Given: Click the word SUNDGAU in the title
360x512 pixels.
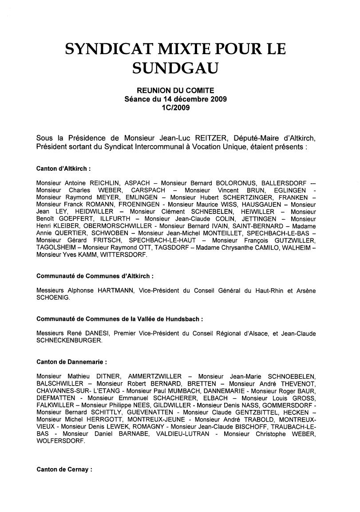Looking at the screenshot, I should tap(175, 67).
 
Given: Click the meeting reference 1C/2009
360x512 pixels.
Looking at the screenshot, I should tap(175, 107).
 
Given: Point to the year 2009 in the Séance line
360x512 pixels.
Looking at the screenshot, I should tap(218, 99).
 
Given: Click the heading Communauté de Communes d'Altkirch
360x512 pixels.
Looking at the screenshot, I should tap(95, 276).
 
